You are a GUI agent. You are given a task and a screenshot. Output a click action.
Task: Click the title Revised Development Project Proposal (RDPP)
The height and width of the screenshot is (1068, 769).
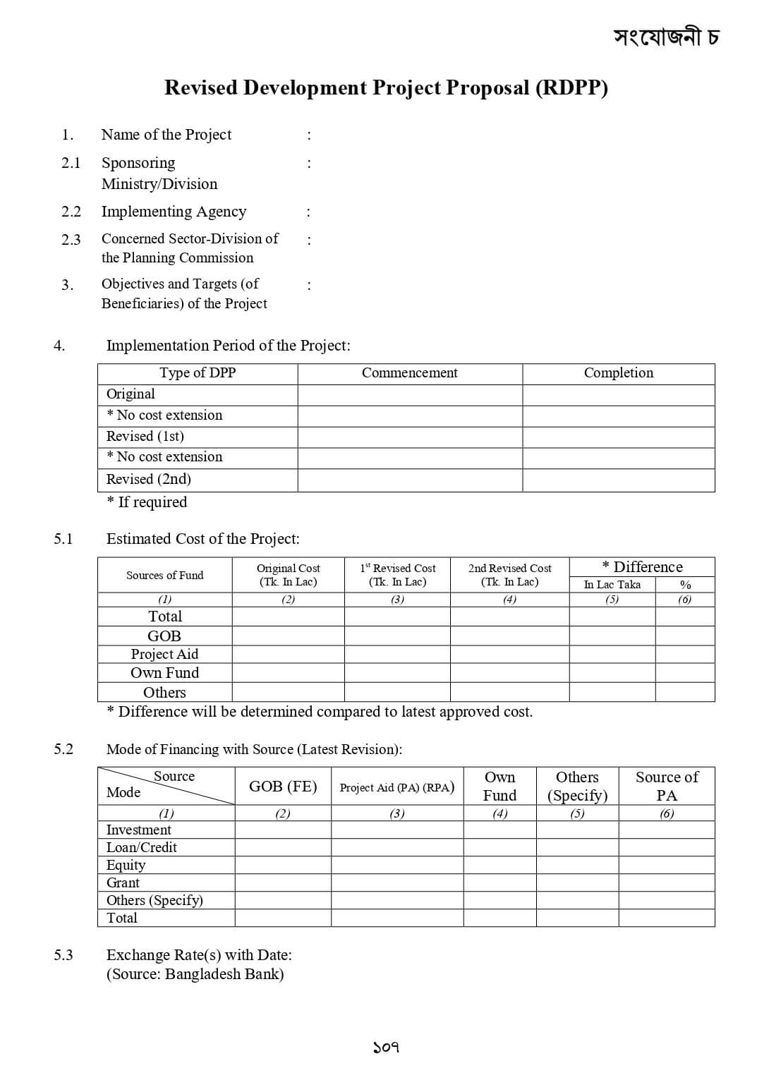click(x=386, y=87)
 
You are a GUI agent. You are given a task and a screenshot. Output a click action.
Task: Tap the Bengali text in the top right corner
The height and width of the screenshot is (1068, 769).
click(x=665, y=36)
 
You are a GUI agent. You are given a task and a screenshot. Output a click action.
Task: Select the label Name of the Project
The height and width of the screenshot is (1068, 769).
click(x=166, y=135)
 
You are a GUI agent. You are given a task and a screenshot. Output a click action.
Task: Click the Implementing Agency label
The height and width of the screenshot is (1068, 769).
click(x=174, y=212)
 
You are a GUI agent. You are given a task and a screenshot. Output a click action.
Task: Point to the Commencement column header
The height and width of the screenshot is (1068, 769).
click(x=409, y=373)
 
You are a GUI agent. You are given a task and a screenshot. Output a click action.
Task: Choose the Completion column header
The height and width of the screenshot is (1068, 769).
click(x=618, y=373)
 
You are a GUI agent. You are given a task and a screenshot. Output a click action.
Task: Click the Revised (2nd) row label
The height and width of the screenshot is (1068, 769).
click(x=148, y=479)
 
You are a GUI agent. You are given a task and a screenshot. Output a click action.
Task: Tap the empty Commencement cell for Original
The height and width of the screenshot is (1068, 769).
click(x=409, y=394)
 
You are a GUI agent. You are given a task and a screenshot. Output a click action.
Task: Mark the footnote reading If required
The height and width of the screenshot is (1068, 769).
click(x=147, y=502)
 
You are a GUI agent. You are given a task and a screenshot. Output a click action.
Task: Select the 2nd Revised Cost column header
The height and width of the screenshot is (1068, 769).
click(x=509, y=574)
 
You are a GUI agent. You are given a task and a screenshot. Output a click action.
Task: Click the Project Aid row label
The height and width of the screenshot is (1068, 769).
click(x=164, y=654)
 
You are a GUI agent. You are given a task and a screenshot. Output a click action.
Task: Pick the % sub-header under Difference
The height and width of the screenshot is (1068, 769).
click(x=684, y=585)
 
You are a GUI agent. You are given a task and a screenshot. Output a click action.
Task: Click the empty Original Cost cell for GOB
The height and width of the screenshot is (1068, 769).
click(x=288, y=636)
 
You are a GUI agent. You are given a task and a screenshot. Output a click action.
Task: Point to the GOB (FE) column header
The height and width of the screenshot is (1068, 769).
click(x=283, y=787)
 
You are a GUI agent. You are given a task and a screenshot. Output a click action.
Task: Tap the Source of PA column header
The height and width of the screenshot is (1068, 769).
click(x=667, y=786)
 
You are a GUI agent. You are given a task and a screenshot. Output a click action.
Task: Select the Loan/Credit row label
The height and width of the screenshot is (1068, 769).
click(x=141, y=847)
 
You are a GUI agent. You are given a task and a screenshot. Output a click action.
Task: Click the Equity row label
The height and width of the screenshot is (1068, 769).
click(x=126, y=865)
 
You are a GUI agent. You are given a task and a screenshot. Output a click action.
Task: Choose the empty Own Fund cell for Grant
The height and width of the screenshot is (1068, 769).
click(x=499, y=882)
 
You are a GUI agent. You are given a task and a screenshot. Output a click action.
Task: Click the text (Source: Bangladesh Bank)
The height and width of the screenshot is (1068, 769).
click(x=195, y=974)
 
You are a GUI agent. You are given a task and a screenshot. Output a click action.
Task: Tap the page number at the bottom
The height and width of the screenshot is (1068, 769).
click(x=386, y=1048)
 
